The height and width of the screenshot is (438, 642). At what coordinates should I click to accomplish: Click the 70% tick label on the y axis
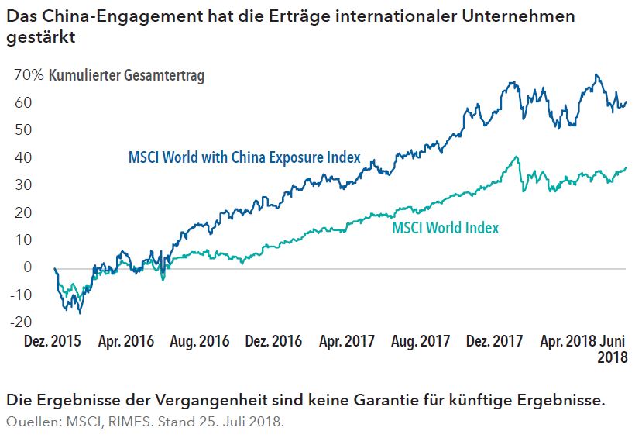[28, 75]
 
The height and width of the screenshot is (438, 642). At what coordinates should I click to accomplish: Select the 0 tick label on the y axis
[28, 267]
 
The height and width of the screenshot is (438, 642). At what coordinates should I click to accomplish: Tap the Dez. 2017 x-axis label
[496, 341]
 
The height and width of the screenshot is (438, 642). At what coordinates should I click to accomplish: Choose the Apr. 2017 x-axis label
[346, 341]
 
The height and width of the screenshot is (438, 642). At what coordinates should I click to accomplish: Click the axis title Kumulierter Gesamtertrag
[125, 75]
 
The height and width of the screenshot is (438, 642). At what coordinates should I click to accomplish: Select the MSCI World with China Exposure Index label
[244, 157]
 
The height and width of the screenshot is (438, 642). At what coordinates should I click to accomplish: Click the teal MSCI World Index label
[445, 228]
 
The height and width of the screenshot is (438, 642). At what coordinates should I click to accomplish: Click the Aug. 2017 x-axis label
[421, 341]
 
